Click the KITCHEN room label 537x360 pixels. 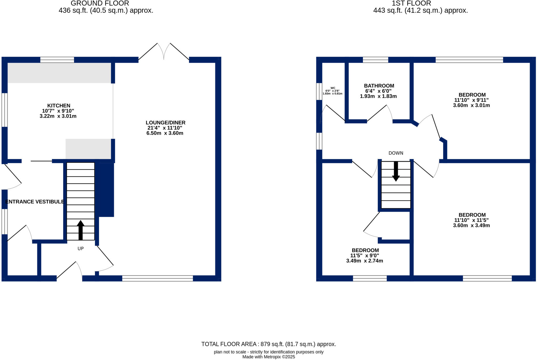click(58, 106)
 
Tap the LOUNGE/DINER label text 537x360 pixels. click(165, 123)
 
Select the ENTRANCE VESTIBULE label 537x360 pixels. click(35, 202)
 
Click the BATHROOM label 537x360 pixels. click(379, 86)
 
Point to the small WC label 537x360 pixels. click(333, 88)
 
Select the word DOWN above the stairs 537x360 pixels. click(396, 153)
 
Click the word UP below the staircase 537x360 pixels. click(80, 248)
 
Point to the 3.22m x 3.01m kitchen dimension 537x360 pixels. click(58, 116)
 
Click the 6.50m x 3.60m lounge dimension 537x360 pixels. click(165, 133)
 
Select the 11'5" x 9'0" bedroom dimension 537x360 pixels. click(364, 255)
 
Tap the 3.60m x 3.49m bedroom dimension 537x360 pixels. click(471, 225)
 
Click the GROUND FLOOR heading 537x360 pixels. click(100, 3)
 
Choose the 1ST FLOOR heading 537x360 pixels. click(411, 3)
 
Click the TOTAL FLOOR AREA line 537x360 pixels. click(268, 344)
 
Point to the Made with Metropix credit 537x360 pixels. click(268, 357)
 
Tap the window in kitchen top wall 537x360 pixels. click(57, 60)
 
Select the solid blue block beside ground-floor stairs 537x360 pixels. click(106, 190)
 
